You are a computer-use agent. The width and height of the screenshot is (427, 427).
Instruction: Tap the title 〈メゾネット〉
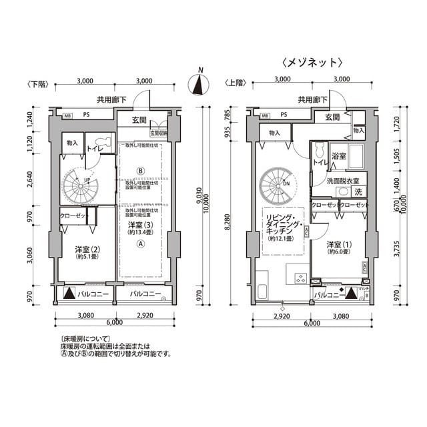click(312, 63)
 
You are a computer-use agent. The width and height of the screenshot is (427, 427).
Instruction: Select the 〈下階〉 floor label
click(38, 84)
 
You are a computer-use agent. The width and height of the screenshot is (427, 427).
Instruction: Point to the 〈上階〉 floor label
click(236, 84)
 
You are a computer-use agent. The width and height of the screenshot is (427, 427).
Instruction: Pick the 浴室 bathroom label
click(338, 157)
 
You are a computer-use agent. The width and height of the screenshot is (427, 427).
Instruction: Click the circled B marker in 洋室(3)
click(140, 170)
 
